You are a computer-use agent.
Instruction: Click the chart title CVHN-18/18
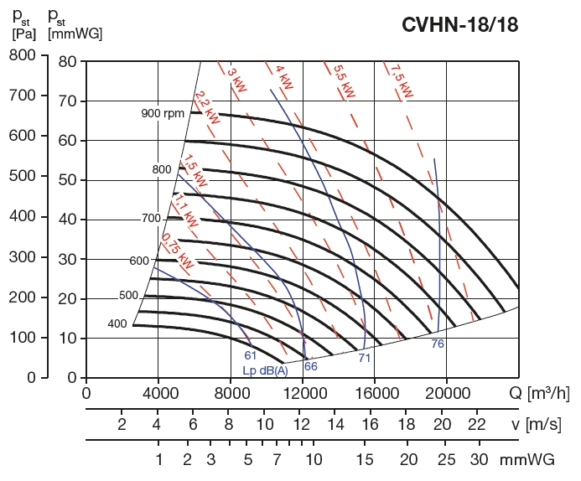pyautogui.click(x=460, y=24)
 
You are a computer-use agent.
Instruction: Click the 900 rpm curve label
pyautogui.click(x=162, y=113)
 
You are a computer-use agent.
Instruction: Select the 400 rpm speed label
pyautogui.click(x=117, y=323)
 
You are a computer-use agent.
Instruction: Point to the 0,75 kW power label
pyautogui.click(x=177, y=250)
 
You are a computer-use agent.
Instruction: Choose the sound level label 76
pyautogui.click(x=438, y=344)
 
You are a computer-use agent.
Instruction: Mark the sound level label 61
pyautogui.click(x=251, y=355)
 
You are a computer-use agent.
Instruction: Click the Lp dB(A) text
pyautogui.click(x=265, y=370)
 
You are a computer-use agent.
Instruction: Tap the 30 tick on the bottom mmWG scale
pyautogui.click(x=479, y=460)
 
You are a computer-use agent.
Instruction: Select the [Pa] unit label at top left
pyautogui.click(x=23, y=34)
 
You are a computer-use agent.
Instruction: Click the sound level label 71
pyautogui.click(x=364, y=358)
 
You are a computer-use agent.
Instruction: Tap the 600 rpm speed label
pyautogui.click(x=139, y=261)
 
